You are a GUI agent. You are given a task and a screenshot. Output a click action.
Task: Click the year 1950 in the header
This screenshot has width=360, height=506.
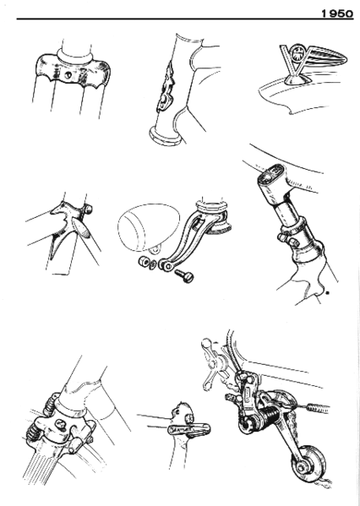click(336, 12)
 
